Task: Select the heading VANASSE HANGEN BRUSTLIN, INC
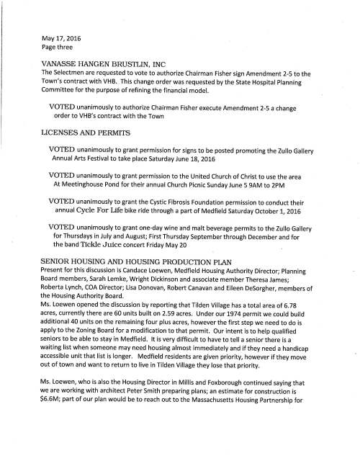click(105, 63)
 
